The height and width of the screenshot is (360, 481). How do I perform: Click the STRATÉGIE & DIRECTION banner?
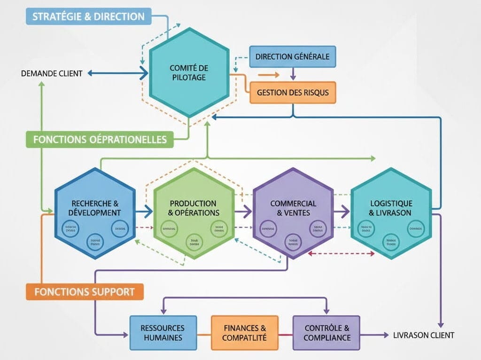tap(88, 16)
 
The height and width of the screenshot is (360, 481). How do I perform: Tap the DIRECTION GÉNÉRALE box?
tap(292, 57)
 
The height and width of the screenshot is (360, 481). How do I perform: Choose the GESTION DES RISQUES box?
tap(293, 92)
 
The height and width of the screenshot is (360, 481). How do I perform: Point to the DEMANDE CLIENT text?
tap(52, 73)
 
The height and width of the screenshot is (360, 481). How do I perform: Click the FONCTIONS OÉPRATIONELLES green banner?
tap(100, 140)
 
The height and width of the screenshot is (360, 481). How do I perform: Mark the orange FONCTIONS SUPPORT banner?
tap(85, 291)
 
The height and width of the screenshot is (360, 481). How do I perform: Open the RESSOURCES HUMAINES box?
tap(163, 333)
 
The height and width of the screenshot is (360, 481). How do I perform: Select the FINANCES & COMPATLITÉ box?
tap(245, 333)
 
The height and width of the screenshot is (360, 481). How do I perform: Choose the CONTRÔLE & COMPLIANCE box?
tap(327, 333)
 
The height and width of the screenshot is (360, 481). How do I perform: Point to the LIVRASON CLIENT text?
tap(424, 335)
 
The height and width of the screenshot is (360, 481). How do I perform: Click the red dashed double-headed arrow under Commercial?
tap(341, 253)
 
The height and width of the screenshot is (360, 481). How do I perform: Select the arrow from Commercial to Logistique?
tap(342, 212)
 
